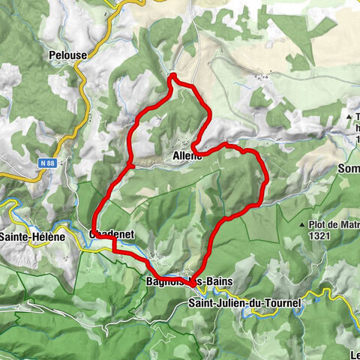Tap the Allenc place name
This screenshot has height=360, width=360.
pos(187,155)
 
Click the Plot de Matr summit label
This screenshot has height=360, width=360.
pos(328,224)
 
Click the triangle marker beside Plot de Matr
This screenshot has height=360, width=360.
pos(301,224)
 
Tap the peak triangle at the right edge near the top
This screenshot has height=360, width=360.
pos(349,116)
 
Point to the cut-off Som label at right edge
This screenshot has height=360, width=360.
pos(349,169)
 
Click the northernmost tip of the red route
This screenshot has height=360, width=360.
pos(172,74)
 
